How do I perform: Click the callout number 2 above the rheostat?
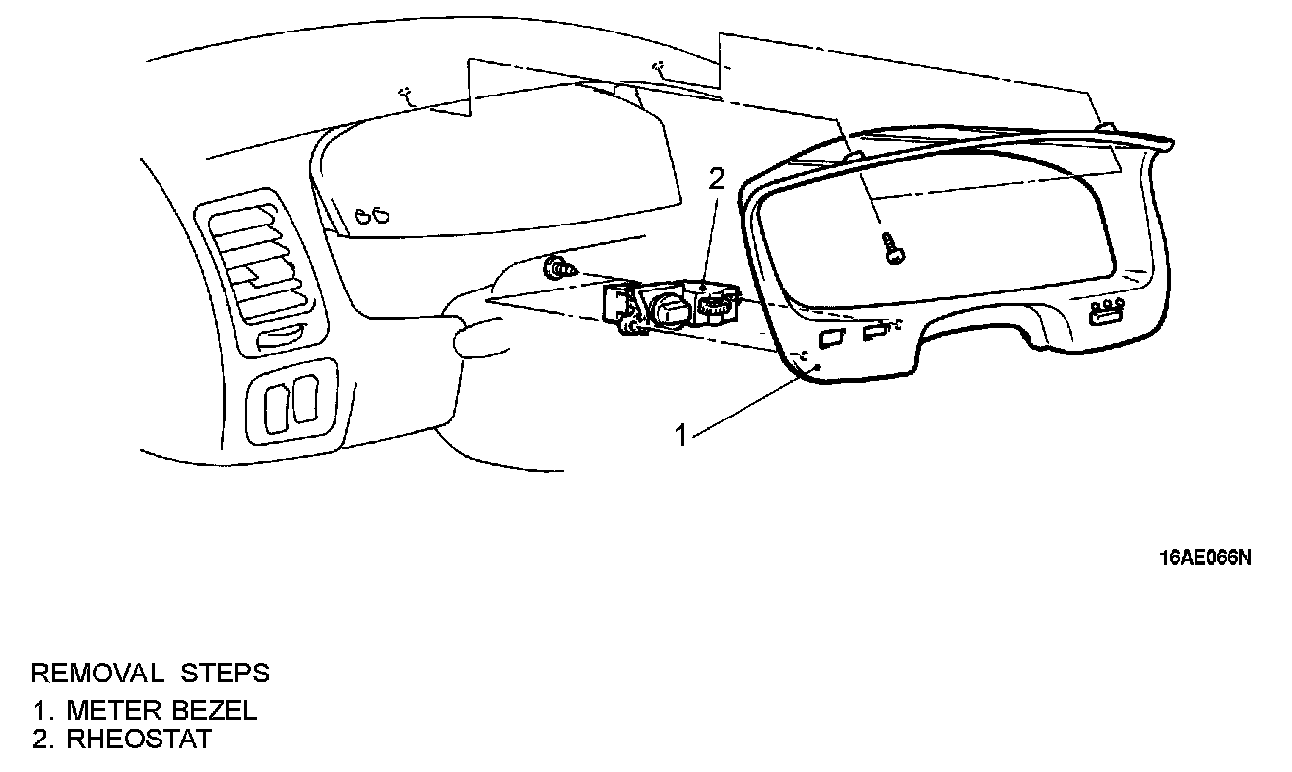click(717, 179)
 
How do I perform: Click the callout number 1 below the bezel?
click(680, 434)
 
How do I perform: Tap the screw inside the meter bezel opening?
click(893, 247)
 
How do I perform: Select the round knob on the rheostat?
click(668, 309)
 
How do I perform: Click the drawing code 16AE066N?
click(1204, 557)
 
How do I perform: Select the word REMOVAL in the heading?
click(97, 674)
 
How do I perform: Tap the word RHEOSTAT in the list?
click(139, 740)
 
